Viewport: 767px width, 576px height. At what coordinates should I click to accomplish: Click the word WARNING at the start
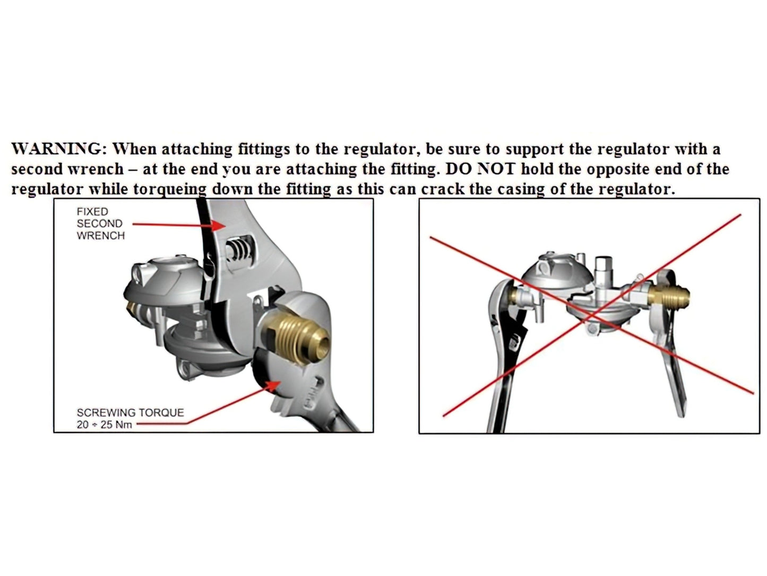point(55,149)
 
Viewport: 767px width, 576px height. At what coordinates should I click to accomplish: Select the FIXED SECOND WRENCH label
point(100,224)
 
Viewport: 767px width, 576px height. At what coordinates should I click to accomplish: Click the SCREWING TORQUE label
point(130,412)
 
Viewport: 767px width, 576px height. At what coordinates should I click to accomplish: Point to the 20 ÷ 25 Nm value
point(104,425)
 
